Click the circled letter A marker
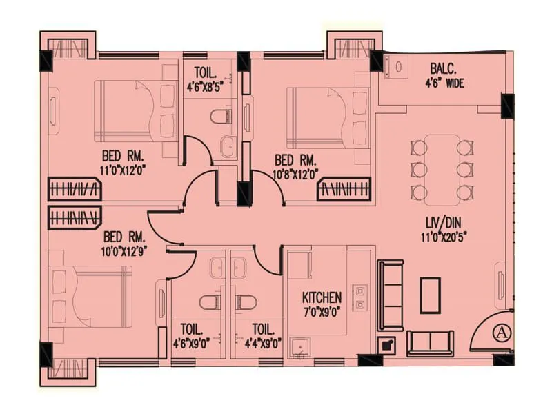click(x=500, y=332)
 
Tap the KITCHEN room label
click(x=322, y=297)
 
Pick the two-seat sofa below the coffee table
click(x=430, y=342)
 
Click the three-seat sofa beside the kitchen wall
click(x=391, y=295)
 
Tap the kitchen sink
click(x=299, y=346)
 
